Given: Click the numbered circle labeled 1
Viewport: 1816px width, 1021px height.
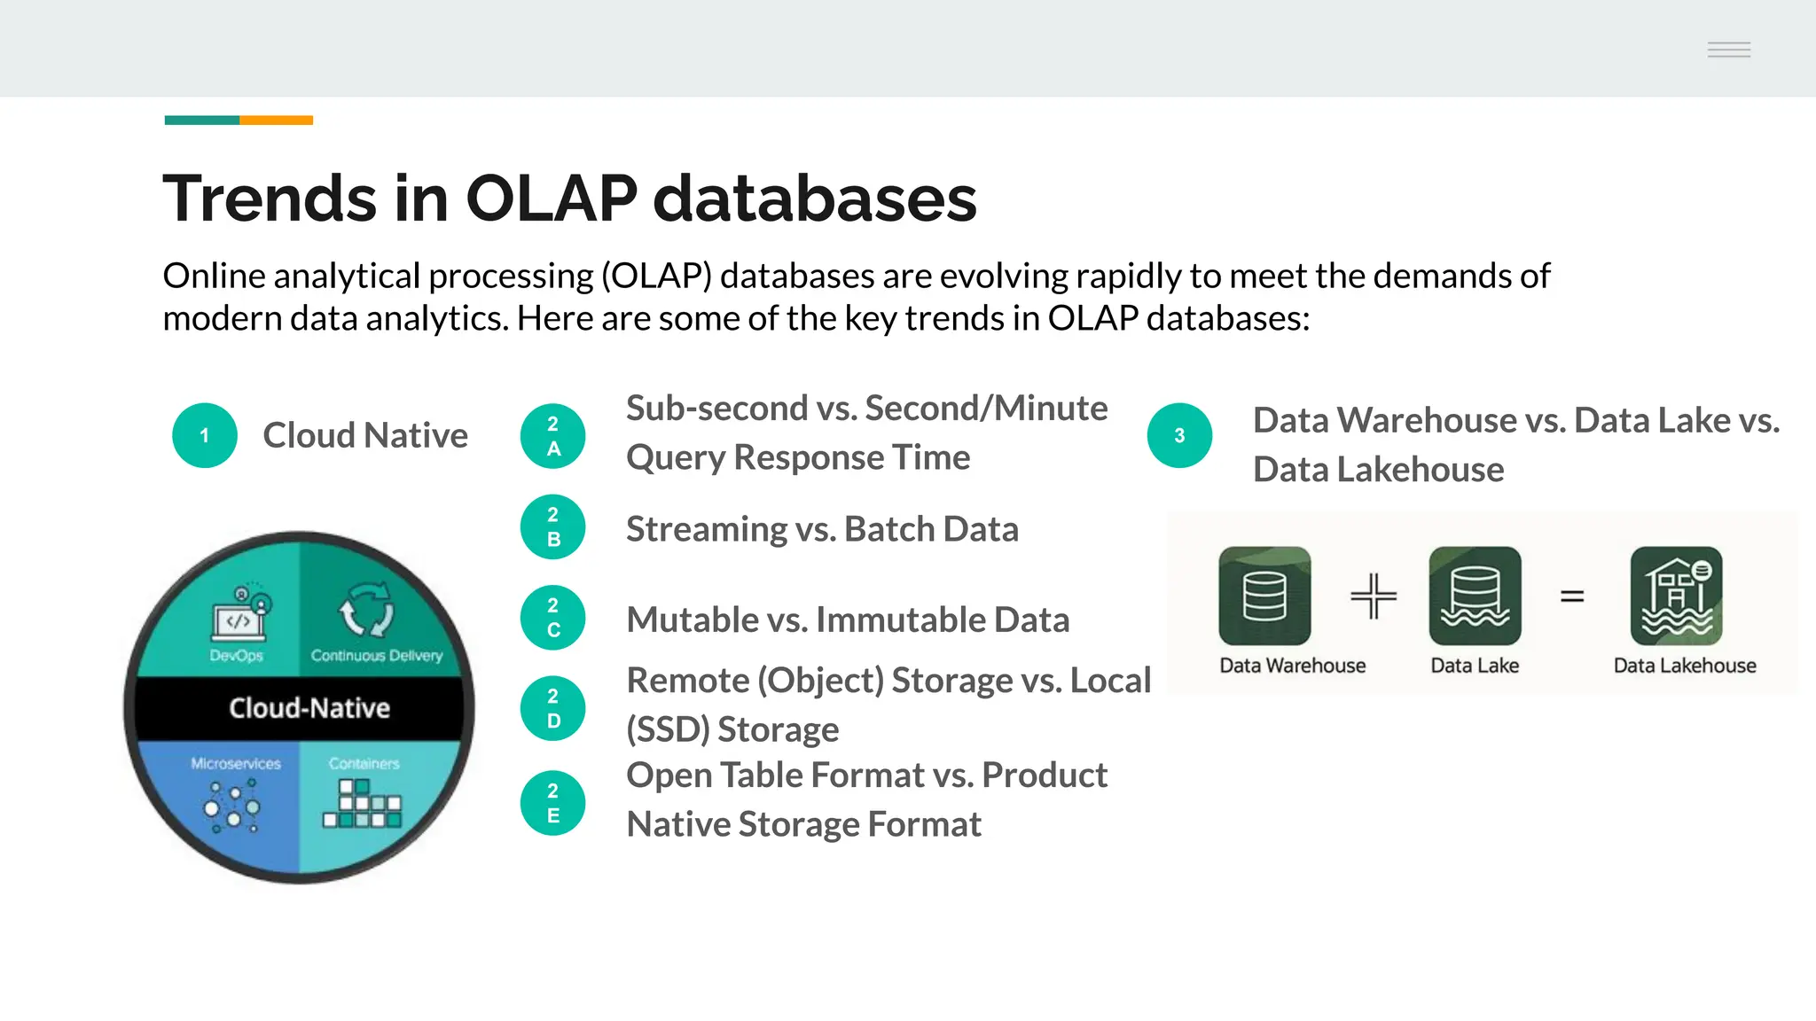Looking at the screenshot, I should pyautogui.click(x=205, y=435).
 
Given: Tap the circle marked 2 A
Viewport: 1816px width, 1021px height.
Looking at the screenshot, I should pyautogui.click(x=552, y=436).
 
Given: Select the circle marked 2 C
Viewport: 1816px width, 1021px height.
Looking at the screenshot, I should pyautogui.click(x=552, y=618).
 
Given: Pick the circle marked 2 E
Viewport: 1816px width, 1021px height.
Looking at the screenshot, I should pyautogui.click(x=552, y=803).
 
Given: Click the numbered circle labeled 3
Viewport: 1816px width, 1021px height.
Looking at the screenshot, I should pyautogui.click(x=1179, y=435).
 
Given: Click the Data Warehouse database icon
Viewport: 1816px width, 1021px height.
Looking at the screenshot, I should pyautogui.click(x=1264, y=596).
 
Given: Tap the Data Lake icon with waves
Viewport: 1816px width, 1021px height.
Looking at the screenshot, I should pyautogui.click(x=1475, y=596).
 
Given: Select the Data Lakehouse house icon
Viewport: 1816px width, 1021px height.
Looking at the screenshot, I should pyautogui.click(x=1676, y=596).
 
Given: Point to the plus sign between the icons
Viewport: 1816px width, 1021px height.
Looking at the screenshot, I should pyautogui.click(x=1374, y=596).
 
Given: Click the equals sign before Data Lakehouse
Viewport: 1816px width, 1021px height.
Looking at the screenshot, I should pyautogui.click(x=1572, y=596).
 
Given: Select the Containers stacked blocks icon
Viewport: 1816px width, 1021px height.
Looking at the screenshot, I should pyautogui.click(x=362, y=805).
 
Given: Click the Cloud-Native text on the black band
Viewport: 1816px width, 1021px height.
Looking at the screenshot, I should pyautogui.click(x=309, y=708).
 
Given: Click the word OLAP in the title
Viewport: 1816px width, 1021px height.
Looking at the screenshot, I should pyautogui.click(x=551, y=197).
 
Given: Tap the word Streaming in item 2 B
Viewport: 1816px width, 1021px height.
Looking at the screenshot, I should pyautogui.click(x=706, y=529).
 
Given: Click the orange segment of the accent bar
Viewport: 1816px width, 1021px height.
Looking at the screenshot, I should pyautogui.click(x=276, y=120).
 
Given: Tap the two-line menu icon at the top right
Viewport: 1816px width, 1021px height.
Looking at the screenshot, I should pyautogui.click(x=1728, y=50).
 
